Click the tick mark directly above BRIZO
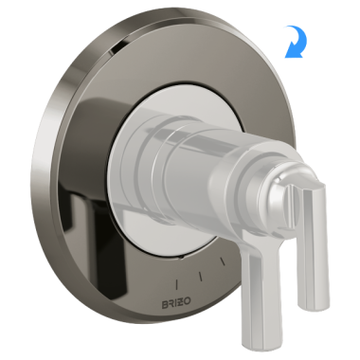click(180, 281)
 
